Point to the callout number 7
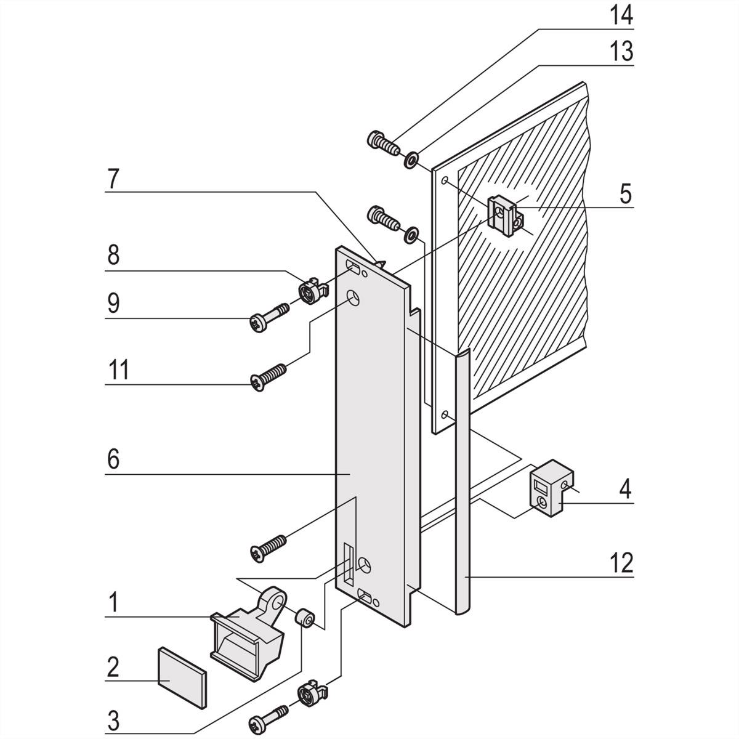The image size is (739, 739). (113, 179)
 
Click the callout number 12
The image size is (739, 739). (622, 562)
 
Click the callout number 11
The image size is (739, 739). (117, 371)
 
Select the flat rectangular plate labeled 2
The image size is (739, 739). (182, 676)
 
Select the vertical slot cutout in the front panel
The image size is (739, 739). (349, 564)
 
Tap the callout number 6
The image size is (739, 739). (113, 459)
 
